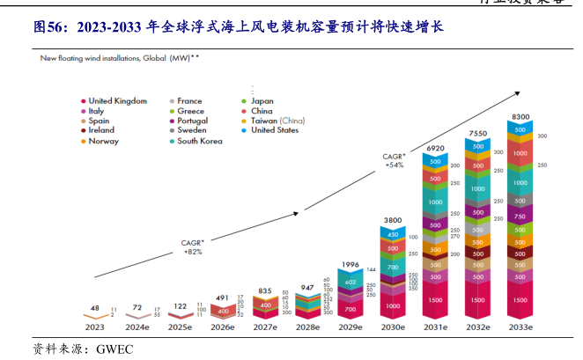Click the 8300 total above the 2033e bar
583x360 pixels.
(520, 116)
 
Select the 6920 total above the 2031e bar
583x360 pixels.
(435, 149)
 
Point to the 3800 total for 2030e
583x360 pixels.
(392, 220)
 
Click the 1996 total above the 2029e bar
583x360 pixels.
(350, 265)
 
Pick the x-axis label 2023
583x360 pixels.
(94, 327)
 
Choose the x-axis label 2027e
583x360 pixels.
(265, 327)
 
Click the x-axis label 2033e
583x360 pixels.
(520, 327)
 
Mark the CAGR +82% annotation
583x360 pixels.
(193, 246)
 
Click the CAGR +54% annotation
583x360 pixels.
(393, 160)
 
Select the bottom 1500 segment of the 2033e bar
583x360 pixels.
(520, 299)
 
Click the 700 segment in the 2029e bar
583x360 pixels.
(350, 310)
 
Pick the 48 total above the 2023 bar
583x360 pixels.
(94, 307)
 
